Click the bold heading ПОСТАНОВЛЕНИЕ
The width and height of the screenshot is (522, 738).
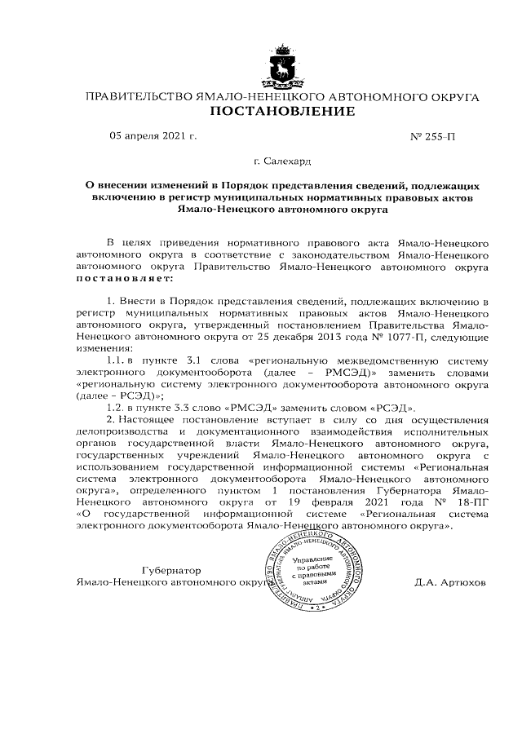coord(282,112)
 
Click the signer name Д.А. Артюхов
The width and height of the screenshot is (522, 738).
coord(449,583)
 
